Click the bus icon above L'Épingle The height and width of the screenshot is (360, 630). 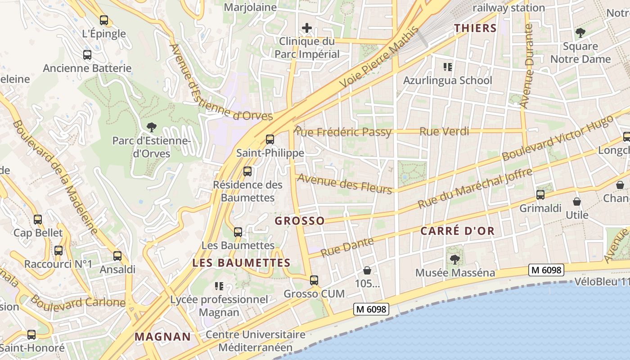coord(104,20)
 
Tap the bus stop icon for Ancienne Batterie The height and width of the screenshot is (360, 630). coord(87,55)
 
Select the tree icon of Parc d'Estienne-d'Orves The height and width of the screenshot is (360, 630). coord(151,128)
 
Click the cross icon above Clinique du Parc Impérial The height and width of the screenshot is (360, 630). coord(307,28)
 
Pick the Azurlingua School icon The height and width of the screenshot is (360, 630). coord(447,67)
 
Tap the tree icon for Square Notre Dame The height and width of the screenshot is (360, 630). coord(580,33)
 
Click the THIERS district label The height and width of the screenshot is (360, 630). coord(475,28)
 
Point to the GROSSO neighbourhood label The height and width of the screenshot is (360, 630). coord(299,220)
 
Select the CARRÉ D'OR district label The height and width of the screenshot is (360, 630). coord(457,231)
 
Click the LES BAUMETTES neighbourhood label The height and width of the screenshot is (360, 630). coord(241,263)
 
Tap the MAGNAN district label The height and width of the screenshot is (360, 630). coord(163,337)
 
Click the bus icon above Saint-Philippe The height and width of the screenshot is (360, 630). coord(270,139)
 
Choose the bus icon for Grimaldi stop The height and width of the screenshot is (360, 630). coord(540,195)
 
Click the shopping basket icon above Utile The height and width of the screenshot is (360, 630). coord(577,202)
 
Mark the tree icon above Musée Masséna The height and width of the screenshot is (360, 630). coord(455,259)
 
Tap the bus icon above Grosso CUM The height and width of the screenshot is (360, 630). coord(314,280)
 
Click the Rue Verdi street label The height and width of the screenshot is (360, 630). coord(444,131)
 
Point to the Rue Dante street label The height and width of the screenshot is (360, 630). coord(347,247)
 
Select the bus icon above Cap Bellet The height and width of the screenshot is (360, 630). coord(38,220)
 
